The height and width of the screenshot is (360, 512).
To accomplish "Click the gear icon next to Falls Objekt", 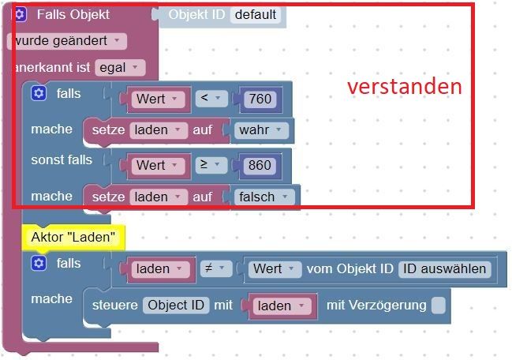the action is click(20, 14).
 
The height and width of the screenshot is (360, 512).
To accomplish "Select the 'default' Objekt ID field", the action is click(256, 15).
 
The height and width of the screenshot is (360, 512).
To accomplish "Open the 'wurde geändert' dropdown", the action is click(66, 41).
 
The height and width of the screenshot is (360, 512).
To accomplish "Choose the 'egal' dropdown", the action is click(120, 68).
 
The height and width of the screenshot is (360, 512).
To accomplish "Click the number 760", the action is click(260, 99).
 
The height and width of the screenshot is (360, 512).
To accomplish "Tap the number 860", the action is click(260, 165).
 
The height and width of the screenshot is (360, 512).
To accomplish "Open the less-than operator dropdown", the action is click(211, 98).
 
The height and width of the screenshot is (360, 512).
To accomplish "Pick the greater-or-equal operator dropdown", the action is click(211, 164).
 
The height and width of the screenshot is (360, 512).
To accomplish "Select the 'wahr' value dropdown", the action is click(261, 130).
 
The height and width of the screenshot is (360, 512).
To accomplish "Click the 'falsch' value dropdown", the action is click(264, 197).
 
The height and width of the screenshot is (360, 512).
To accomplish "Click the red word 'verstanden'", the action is click(404, 87).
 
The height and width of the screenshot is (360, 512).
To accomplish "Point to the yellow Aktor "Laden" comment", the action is click(73, 237).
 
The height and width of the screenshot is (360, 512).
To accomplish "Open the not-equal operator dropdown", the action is click(216, 268).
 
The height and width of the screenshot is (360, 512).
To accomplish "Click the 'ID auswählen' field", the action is click(444, 269).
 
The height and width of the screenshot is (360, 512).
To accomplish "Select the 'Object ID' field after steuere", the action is click(176, 306).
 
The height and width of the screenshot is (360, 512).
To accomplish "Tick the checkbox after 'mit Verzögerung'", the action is click(438, 306).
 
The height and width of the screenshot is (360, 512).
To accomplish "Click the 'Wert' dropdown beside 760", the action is click(158, 99).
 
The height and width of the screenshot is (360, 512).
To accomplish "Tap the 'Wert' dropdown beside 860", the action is click(158, 166).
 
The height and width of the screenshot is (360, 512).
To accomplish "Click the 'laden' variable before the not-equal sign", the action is click(160, 269).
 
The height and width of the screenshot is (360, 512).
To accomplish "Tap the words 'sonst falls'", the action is click(62, 160).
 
